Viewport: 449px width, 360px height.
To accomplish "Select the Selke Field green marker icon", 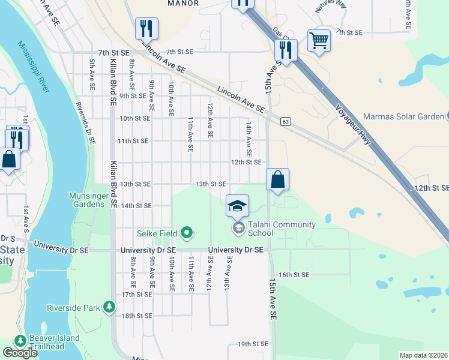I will click(187, 232).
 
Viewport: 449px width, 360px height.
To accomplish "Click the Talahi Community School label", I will click(282, 229).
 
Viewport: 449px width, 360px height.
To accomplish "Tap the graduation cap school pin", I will click(238, 206).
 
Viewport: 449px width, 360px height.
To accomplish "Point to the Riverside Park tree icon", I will click(109, 307).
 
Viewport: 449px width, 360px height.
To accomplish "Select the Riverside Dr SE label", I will click(85, 124).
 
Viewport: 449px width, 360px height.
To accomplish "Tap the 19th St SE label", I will click(252, 344).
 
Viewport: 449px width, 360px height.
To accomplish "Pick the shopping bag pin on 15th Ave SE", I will click(277, 179).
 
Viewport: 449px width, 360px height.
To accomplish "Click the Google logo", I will click(20, 353).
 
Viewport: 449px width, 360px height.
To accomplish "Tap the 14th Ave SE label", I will click(247, 140).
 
